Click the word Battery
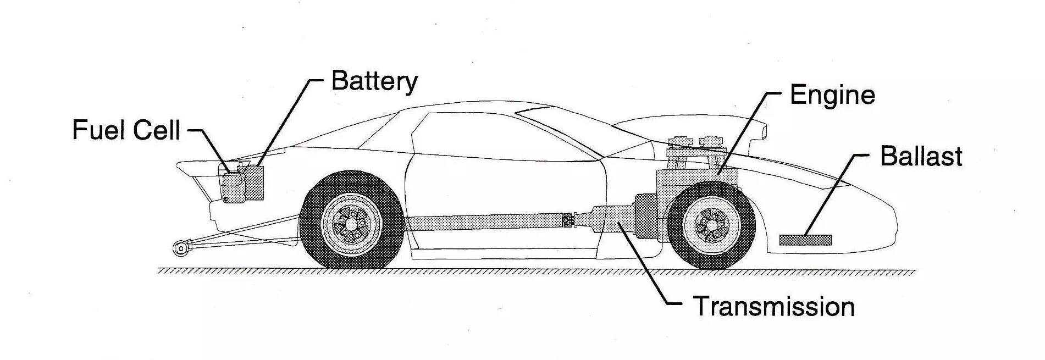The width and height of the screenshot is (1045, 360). [x=374, y=82]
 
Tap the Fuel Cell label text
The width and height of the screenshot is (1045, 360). [x=126, y=131]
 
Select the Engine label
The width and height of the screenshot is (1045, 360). [x=832, y=96]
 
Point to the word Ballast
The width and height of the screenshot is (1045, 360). [x=921, y=157]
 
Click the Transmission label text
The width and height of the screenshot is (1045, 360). [x=773, y=307]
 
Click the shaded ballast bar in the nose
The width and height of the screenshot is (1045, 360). [x=805, y=240]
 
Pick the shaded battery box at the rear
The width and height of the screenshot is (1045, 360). [x=254, y=182]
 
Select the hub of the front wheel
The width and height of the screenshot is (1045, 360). [x=712, y=225]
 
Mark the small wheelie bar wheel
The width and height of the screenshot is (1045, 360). [x=180, y=248]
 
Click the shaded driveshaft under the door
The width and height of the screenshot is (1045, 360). [x=484, y=223]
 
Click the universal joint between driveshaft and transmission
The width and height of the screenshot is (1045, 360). [x=568, y=221]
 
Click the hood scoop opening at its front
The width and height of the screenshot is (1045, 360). [x=761, y=131]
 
